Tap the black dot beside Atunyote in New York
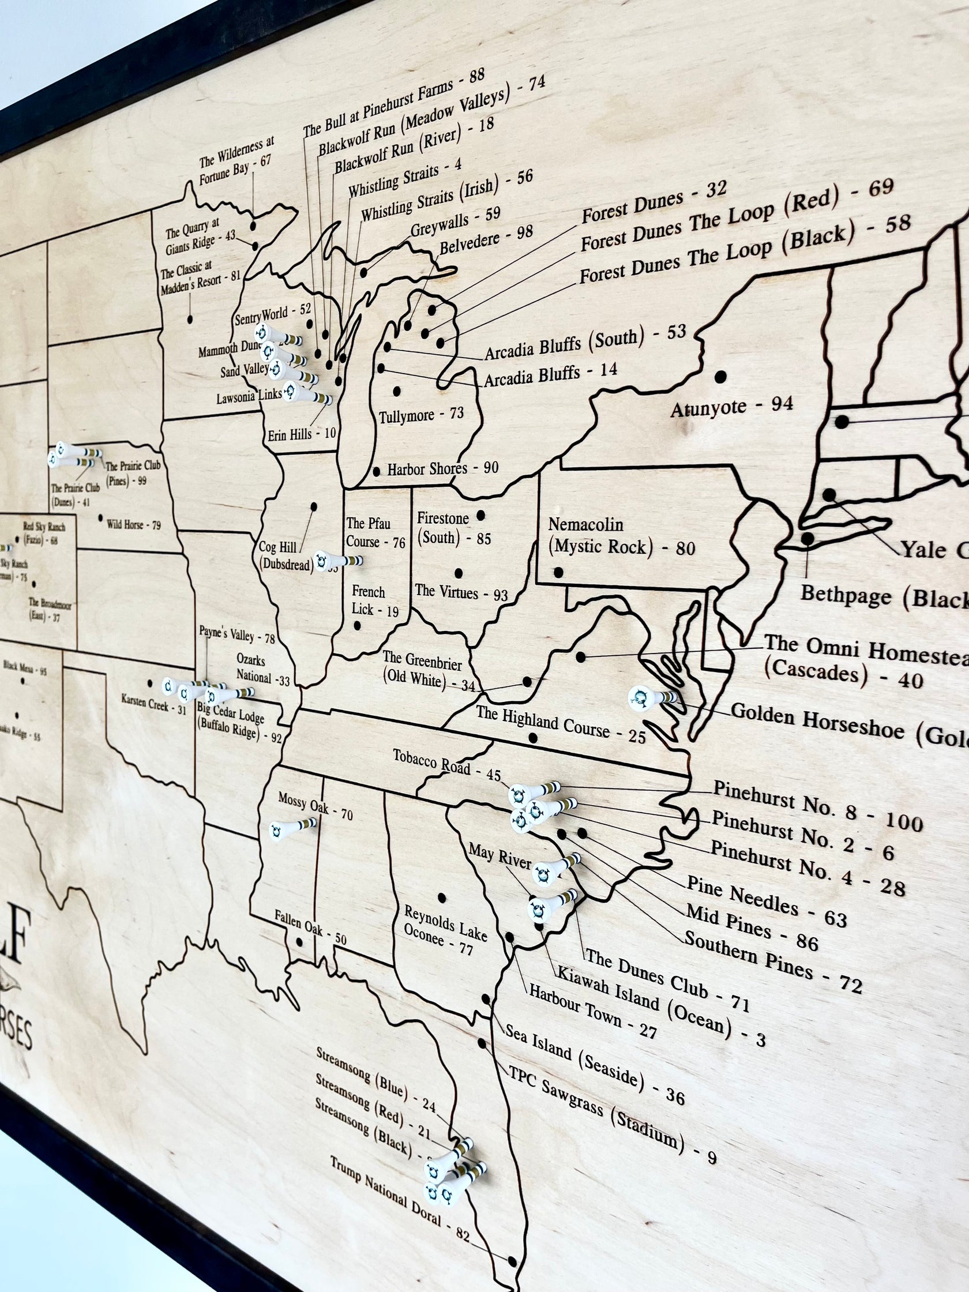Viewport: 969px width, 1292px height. click(721, 377)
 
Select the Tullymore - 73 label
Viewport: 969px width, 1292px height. click(421, 415)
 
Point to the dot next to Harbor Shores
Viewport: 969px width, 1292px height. click(377, 471)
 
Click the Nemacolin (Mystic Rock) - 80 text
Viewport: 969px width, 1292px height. click(621, 537)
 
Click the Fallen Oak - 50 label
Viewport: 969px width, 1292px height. click(310, 927)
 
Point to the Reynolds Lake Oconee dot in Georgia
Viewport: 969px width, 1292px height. click(442, 897)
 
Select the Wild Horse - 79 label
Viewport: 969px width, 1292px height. click(133, 524)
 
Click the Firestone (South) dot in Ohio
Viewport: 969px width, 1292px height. click(480, 515)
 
